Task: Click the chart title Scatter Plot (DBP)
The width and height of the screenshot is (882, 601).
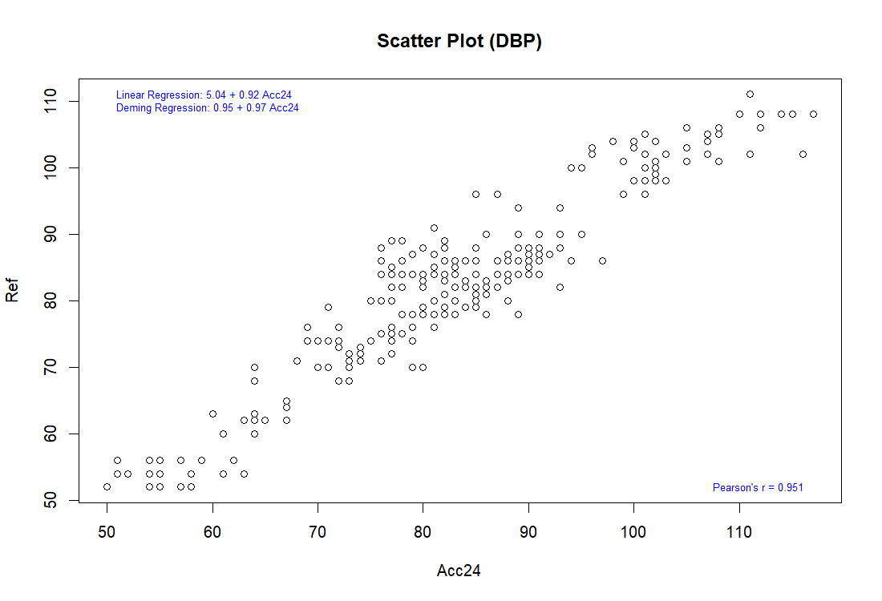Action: tap(459, 42)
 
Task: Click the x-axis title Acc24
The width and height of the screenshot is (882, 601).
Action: tap(459, 571)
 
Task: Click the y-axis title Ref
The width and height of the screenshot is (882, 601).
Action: tap(12, 291)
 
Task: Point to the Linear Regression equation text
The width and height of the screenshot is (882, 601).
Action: tap(204, 95)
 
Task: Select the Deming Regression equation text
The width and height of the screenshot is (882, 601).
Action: tap(207, 107)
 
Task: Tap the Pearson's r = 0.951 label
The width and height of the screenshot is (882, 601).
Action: tap(758, 487)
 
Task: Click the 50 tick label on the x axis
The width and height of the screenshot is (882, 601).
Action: tap(107, 530)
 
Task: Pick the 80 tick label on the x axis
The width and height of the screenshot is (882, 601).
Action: tap(423, 530)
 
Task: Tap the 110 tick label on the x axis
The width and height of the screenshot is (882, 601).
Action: tap(739, 530)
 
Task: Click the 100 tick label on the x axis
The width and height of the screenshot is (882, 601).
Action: tap(633, 530)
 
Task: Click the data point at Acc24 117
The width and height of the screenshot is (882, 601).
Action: tap(813, 114)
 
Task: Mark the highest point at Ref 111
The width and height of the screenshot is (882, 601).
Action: tap(750, 94)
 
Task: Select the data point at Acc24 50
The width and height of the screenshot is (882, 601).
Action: tap(107, 486)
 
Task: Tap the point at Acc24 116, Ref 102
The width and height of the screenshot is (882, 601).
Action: tap(803, 154)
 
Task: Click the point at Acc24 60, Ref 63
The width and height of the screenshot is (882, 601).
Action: tap(212, 413)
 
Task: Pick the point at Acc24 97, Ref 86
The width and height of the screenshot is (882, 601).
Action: tap(602, 260)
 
